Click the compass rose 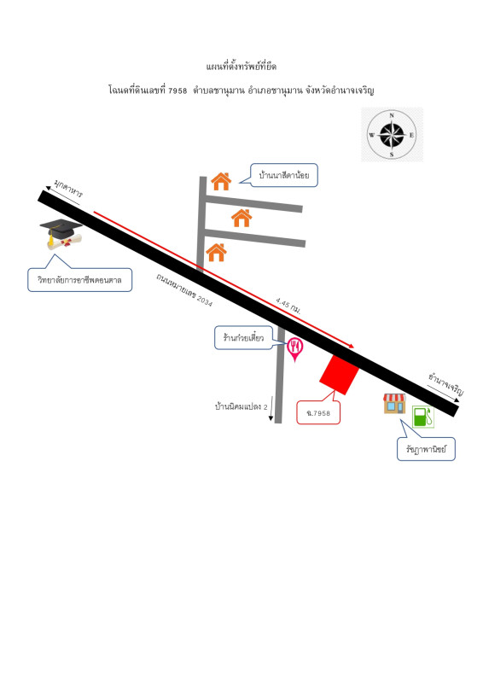coord(392,135)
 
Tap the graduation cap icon coord(61,233)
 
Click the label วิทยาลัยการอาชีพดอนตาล coord(79,280)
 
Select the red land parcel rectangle coord(340,374)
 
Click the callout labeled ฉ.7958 coord(318,412)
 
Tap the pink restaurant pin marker coord(295,349)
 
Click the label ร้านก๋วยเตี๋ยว coord(243,337)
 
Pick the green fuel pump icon coord(423,417)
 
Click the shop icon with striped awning coord(394,403)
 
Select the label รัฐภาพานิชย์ coord(426,449)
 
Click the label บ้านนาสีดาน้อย coord(284,175)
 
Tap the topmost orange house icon coord(221,181)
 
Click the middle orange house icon coord(241,218)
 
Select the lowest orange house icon coord(216,252)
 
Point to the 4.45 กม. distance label coord(288,306)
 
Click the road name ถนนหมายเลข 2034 coord(184,290)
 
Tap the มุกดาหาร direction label coord(68,188)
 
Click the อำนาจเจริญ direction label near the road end coord(446,383)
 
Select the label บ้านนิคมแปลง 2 coord(241,406)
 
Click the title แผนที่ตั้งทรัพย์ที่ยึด coord(241,67)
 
